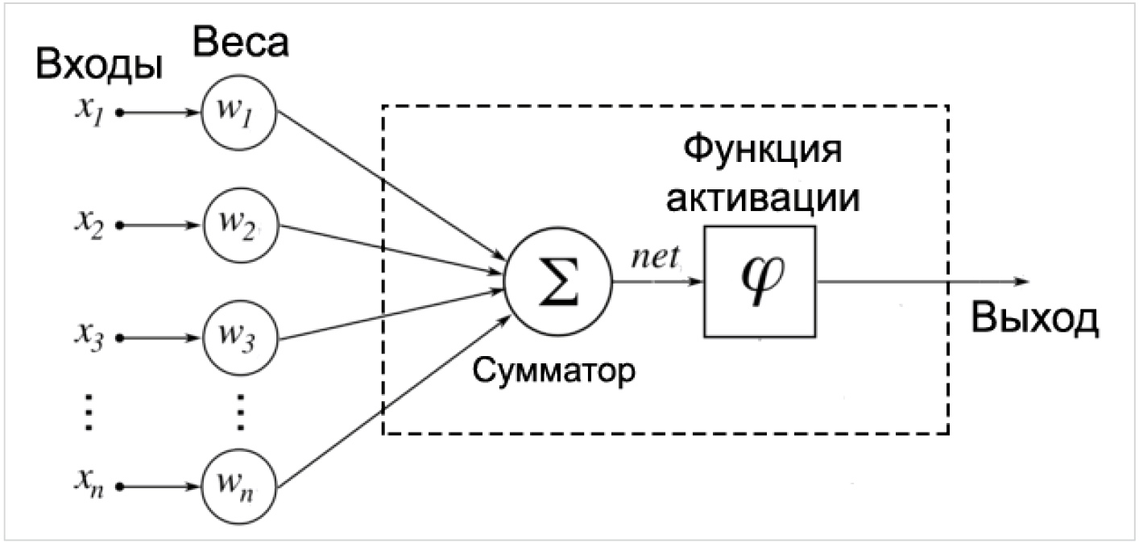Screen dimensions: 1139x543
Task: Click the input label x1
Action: (x=90, y=111)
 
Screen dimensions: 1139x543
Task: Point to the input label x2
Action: (x=90, y=224)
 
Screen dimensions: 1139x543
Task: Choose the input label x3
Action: (x=90, y=337)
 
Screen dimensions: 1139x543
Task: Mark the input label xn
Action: (x=90, y=483)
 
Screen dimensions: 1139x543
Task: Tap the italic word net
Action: (x=655, y=257)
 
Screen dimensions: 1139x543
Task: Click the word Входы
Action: (x=99, y=65)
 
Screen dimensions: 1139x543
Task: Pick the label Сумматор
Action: (x=553, y=371)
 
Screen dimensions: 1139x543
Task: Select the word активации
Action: (x=764, y=197)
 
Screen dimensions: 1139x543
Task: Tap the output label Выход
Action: (x=1035, y=318)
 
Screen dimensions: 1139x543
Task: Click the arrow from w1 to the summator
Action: (x=391, y=184)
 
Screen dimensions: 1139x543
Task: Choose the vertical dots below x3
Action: (x=89, y=412)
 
